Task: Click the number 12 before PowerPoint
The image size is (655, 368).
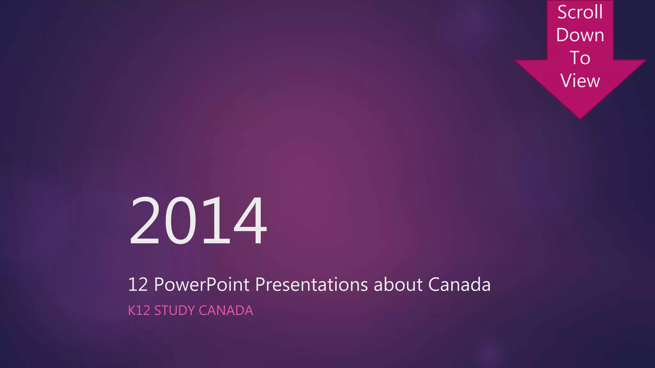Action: point(138,284)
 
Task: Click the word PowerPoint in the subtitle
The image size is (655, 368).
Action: point(201,284)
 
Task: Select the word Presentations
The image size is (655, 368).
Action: point(312,284)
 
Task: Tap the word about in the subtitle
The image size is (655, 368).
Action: point(398,284)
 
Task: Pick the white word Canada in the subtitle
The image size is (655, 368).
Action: point(459,284)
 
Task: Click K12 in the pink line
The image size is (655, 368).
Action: point(139,310)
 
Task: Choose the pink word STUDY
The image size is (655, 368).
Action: point(175,310)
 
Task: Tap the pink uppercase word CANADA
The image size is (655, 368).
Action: point(226,310)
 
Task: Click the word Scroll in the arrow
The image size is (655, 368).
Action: point(580,12)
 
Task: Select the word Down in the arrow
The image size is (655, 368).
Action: point(580,35)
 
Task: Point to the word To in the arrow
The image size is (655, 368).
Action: point(580,58)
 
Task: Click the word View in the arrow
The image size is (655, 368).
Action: point(580,80)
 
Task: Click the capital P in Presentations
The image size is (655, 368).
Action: point(260,284)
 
